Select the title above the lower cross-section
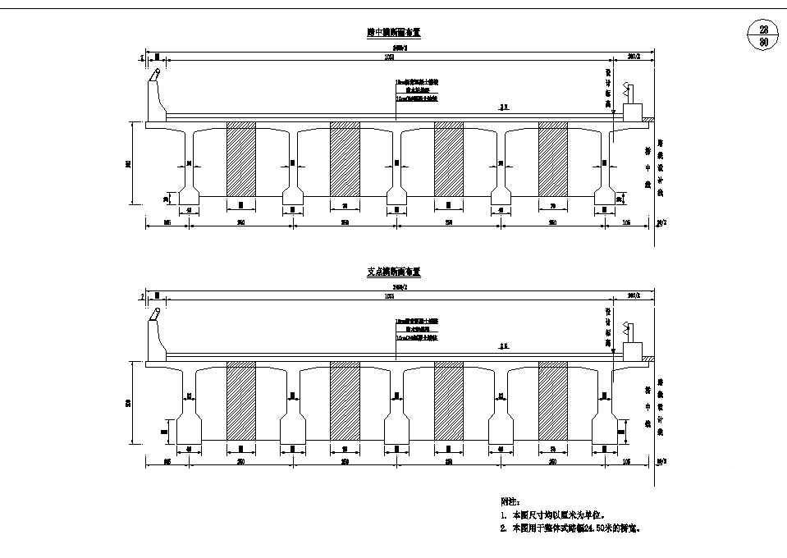394,272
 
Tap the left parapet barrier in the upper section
155,97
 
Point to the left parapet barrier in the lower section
155,336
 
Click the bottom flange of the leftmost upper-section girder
189,196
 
